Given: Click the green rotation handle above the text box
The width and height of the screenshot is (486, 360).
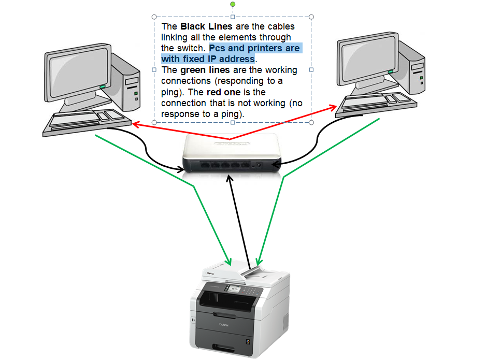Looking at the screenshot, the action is point(233,4).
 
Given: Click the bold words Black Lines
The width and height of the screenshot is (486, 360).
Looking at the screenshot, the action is point(206,26).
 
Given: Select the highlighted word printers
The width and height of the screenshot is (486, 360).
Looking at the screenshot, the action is point(265,48).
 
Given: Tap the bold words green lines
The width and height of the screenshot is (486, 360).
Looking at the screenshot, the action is point(205,70).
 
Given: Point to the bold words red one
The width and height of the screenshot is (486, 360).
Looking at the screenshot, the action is point(223,92).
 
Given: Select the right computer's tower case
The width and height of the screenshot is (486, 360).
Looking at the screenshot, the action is point(412,68).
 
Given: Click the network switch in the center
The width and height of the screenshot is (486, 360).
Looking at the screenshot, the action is point(232,152).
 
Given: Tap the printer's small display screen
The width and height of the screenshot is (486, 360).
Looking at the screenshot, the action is point(233,289).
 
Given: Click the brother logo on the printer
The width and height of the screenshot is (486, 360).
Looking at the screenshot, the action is point(224,325).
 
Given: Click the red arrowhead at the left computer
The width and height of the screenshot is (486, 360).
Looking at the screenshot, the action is point(135,124).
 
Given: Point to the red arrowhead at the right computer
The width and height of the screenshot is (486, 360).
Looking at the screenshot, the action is point(333,108).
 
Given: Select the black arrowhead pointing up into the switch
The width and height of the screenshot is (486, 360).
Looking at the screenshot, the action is point(230,179).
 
